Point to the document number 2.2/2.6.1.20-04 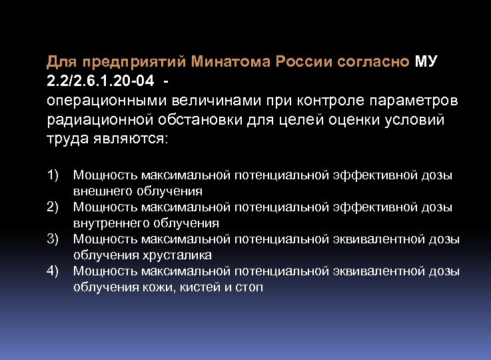tap(99, 81)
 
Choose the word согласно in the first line tap(380, 62)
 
